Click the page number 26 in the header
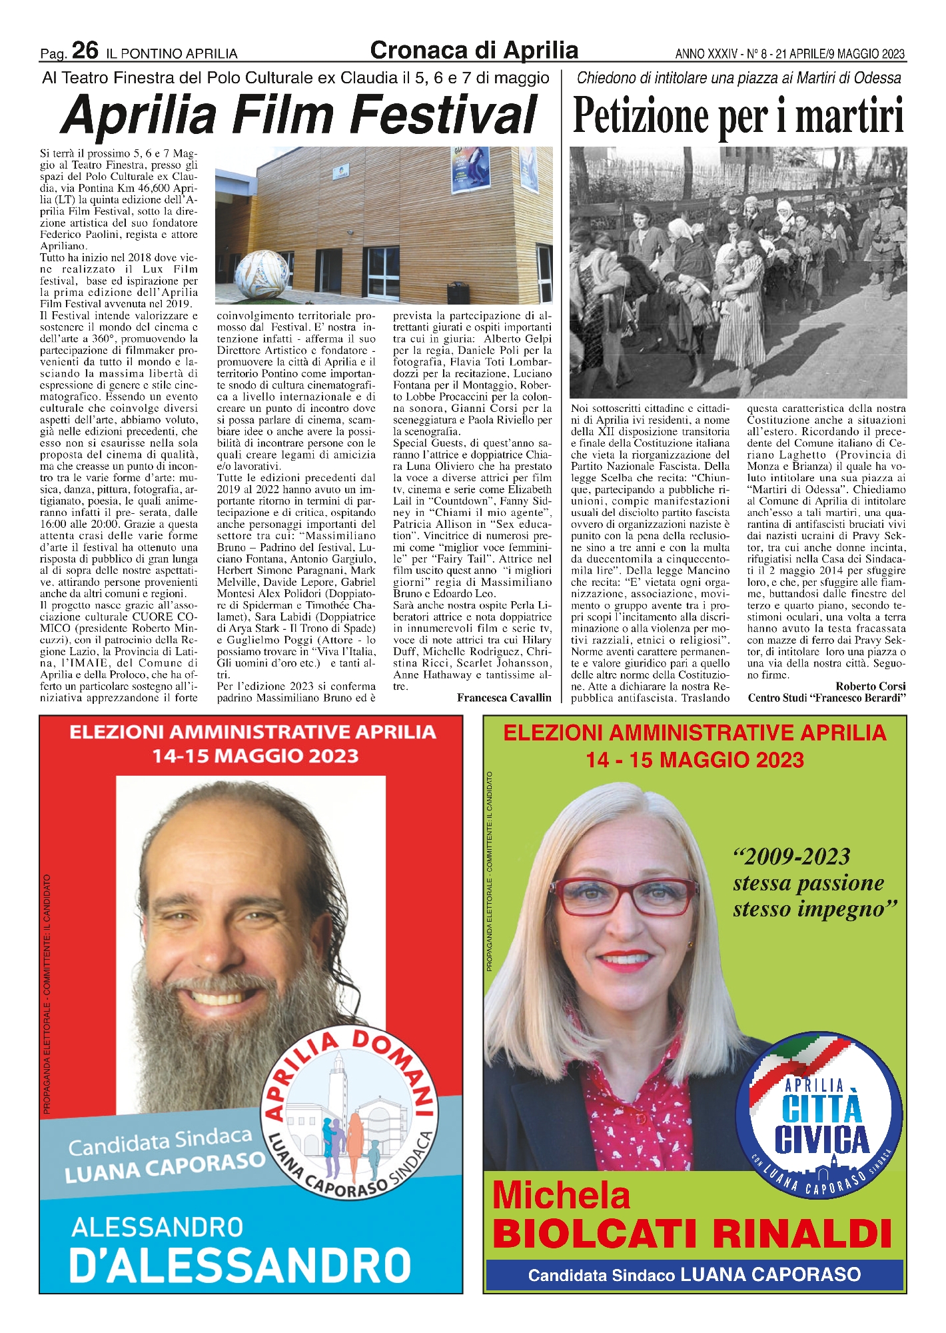click(85, 51)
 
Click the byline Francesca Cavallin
click(504, 697)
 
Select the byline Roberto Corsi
click(870, 686)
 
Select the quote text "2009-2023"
click(791, 856)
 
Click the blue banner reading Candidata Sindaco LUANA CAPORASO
click(694, 1274)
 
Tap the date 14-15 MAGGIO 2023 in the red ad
click(255, 756)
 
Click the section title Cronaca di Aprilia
click(474, 50)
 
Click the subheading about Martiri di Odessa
click(738, 78)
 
